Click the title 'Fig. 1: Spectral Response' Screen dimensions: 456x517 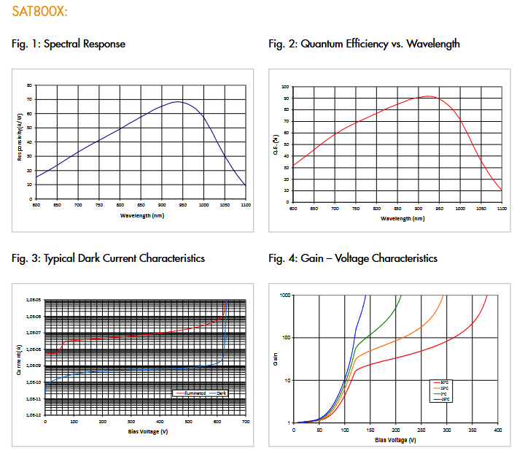pyautogui.click(x=69, y=44)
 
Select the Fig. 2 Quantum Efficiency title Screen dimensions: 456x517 pyautogui.click(x=364, y=44)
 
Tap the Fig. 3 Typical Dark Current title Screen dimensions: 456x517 pyautogui.click(x=108, y=258)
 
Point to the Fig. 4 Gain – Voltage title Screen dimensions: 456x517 pyautogui.click(x=353, y=258)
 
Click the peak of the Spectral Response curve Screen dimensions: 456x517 pyautogui.click(x=179, y=101)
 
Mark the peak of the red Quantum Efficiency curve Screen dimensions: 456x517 pyautogui.click(x=428, y=96)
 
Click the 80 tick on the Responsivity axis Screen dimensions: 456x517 pyautogui.click(x=29, y=85)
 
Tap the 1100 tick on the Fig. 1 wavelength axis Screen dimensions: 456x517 pyautogui.click(x=245, y=205)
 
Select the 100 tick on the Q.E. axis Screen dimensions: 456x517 pyautogui.click(x=285, y=86)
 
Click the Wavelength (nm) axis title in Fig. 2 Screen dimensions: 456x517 pyautogui.click(x=397, y=218)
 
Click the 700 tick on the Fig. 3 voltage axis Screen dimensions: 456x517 pyautogui.click(x=245, y=422)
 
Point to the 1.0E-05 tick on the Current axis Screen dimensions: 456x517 pyautogui.click(x=34, y=301)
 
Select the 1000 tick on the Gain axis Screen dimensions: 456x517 pyautogui.click(x=285, y=295)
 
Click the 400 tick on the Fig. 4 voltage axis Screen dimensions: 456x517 pyautogui.click(x=497, y=430)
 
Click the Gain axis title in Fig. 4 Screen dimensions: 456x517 pyautogui.click(x=276, y=359)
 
